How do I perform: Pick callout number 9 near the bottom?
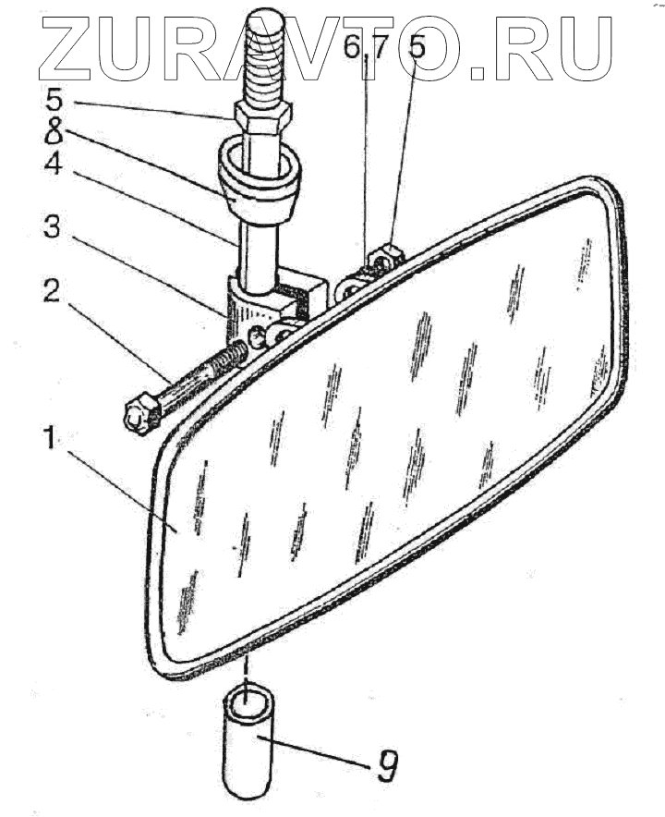pyautogui.click(x=389, y=766)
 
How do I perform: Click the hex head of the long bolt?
pyautogui.click(x=140, y=416)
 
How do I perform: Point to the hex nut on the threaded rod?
pyautogui.click(x=264, y=115)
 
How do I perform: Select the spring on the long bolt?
pyautogui.click(x=230, y=357)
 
